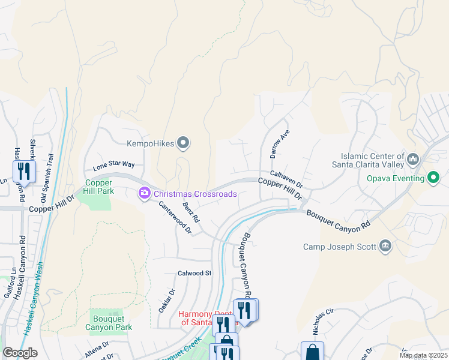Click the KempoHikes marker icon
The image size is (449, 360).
[184, 143]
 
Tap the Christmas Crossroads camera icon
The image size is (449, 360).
[145, 194]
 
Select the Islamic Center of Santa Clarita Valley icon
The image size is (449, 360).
[412, 159]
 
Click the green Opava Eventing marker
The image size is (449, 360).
[432, 178]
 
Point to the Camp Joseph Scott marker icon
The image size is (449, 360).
[385, 246]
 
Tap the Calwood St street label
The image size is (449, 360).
[195, 273]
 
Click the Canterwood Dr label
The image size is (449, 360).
[174, 216]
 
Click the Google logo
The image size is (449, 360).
[20, 353]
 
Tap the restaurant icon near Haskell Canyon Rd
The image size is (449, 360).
[23, 172]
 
